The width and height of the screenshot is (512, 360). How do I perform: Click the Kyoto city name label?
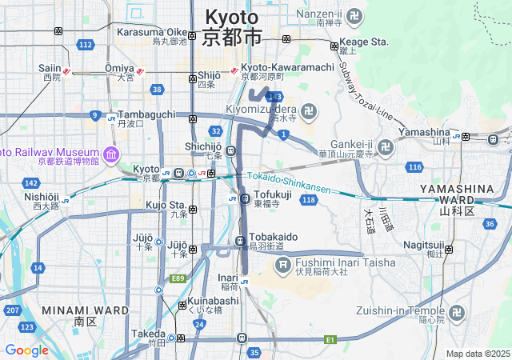coord(232,26)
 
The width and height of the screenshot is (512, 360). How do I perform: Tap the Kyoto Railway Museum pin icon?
coord(110,154)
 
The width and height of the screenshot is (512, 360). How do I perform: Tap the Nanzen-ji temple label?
coord(330,18)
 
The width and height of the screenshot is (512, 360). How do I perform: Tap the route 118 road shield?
coord(308,199)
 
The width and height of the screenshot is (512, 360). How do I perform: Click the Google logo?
coord(26,350)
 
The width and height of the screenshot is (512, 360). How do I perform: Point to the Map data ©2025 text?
coord(478,354)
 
